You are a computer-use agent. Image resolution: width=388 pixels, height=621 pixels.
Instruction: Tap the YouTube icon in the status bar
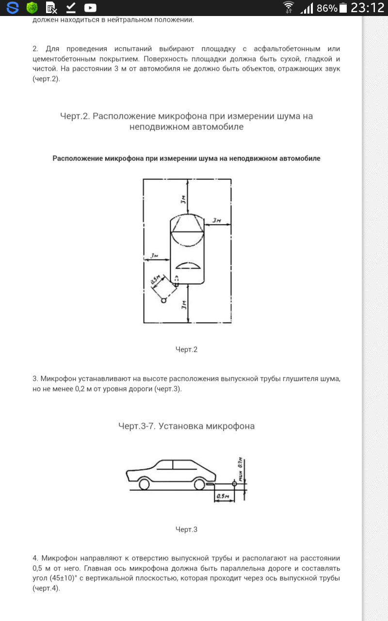coord(90,7)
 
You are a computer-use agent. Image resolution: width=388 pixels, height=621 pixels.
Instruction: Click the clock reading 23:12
coord(367,8)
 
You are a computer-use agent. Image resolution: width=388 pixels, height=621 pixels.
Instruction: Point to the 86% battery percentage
coord(326,8)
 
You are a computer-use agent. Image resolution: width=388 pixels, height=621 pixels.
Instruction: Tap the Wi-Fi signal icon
coord(289,7)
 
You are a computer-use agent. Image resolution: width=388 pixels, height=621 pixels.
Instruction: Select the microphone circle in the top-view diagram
coord(164,300)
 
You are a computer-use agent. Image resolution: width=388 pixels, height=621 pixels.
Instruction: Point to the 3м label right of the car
coord(216,220)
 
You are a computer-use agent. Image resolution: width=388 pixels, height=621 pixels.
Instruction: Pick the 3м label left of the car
coord(155,256)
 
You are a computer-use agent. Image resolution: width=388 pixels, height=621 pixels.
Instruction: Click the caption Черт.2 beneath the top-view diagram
coord(186,349)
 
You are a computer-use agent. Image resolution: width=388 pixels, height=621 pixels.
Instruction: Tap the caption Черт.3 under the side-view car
coord(186,529)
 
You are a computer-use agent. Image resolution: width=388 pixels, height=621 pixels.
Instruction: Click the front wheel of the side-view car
coord(144,484)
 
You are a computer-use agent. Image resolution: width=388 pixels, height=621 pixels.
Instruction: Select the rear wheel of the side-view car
coord(198,484)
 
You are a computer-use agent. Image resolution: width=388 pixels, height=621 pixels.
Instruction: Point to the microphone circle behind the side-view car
coord(234,484)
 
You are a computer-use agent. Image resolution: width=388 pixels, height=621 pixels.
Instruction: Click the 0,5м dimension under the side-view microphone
coord(223,496)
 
